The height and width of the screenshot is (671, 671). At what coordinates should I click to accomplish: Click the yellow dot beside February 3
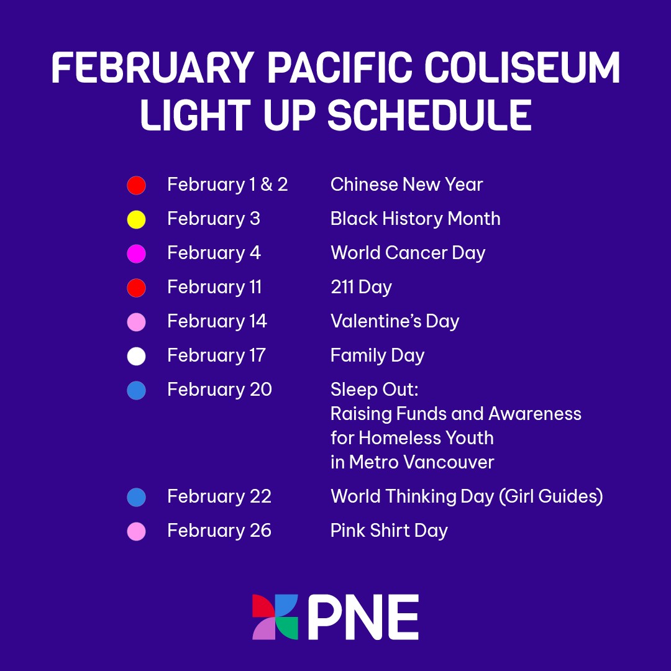pyautogui.click(x=136, y=219)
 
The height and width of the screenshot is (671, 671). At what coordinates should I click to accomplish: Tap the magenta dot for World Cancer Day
pyautogui.click(x=136, y=253)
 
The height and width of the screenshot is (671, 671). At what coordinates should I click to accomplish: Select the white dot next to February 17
pyautogui.click(x=136, y=356)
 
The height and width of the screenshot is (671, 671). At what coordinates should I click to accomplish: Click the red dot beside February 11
pyautogui.click(x=136, y=288)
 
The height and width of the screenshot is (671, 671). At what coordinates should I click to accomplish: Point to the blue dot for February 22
pyautogui.click(x=136, y=497)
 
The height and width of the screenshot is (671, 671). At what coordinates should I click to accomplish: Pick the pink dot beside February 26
pyautogui.click(x=136, y=531)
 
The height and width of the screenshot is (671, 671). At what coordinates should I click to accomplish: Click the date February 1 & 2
pyautogui.click(x=227, y=185)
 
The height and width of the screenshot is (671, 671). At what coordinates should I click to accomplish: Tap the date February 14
pyautogui.click(x=217, y=321)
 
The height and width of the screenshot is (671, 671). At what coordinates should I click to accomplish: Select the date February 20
pyautogui.click(x=219, y=390)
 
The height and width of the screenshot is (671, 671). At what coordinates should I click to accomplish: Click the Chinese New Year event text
pyautogui.click(x=406, y=185)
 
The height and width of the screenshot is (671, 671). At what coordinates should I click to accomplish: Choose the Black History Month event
pyautogui.click(x=415, y=219)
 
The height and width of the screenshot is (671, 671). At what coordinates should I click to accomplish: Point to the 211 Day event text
pyautogui.click(x=361, y=288)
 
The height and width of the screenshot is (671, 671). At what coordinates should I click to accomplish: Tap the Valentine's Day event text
pyautogui.click(x=395, y=321)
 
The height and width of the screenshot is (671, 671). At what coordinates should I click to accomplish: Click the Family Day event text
pyautogui.click(x=377, y=356)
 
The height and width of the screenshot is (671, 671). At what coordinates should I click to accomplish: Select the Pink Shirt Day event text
pyautogui.click(x=389, y=531)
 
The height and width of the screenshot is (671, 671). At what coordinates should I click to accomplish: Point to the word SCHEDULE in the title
pyautogui.click(x=429, y=115)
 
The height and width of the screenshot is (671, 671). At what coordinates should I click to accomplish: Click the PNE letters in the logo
pyautogui.click(x=363, y=617)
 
